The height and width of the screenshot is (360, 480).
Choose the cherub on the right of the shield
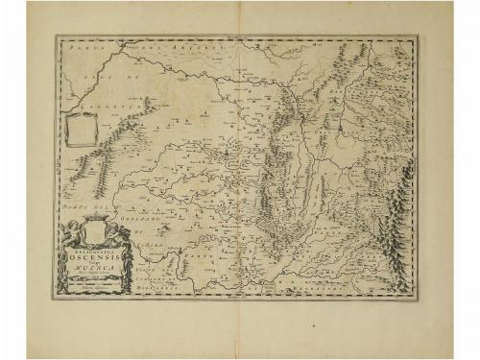(x=113, y=233)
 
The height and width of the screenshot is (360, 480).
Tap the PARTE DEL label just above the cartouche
(x=76, y=210)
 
